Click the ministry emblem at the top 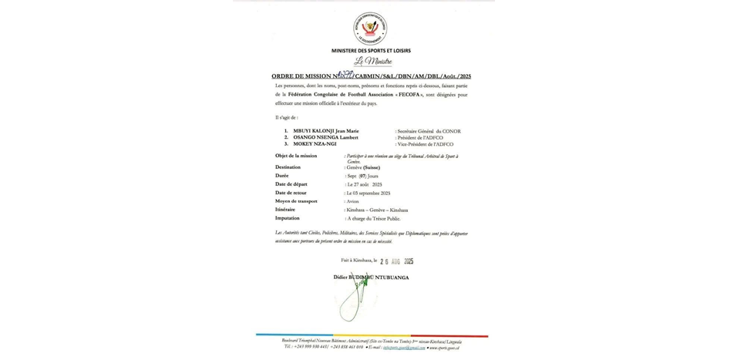pyautogui.click(x=370, y=29)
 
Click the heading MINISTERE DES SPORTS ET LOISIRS pyautogui.click(x=371, y=51)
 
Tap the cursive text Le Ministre pyautogui.click(x=373, y=62)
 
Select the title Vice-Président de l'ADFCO pyautogui.click(x=426, y=144)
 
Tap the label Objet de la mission pyautogui.click(x=296, y=156)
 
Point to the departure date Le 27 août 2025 pyautogui.click(x=365, y=185)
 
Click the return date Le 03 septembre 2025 pyautogui.click(x=369, y=193)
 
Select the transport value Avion pyautogui.click(x=353, y=201)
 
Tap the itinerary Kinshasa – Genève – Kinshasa pyautogui.click(x=377, y=210)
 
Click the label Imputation pyautogui.click(x=288, y=218)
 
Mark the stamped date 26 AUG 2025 pyautogui.click(x=396, y=261)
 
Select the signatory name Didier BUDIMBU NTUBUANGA pyautogui.click(x=371, y=277)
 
